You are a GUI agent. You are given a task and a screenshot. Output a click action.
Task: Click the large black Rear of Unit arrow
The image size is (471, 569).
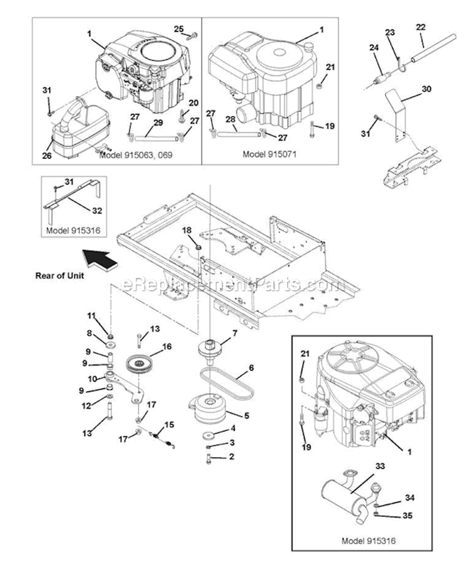[100, 259]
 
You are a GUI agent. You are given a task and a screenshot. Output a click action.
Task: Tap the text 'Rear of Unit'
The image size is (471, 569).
[60, 276]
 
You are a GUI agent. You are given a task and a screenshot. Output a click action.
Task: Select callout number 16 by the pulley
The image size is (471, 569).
[166, 346]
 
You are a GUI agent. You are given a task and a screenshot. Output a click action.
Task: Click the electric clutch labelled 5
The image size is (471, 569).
[208, 409]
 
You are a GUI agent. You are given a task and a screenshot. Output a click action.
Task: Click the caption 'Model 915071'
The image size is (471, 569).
[269, 154]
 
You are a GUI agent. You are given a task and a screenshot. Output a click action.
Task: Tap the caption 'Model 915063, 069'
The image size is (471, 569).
[136, 155]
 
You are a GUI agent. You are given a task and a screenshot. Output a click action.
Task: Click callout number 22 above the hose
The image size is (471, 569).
[421, 27]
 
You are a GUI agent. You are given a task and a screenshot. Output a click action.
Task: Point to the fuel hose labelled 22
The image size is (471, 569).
[432, 48]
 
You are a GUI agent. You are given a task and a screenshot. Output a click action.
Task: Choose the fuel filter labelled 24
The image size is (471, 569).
[381, 78]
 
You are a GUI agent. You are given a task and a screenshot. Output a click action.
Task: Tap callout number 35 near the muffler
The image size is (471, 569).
[407, 515]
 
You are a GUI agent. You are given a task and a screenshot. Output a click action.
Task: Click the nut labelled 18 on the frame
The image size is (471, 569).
[198, 247]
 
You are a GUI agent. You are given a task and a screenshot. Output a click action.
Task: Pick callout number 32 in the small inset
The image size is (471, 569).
[97, 210]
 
